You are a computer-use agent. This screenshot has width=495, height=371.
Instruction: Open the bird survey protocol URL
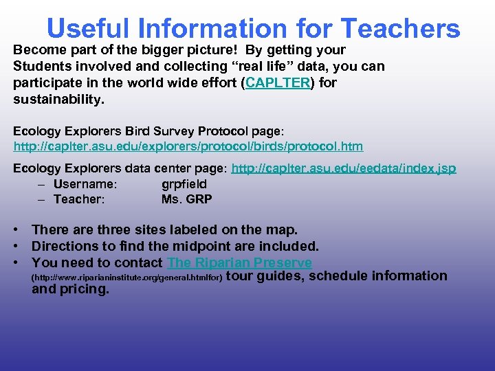188,146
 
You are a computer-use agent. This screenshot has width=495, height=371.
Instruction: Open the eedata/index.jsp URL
343,168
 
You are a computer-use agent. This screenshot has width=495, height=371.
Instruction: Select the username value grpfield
184,184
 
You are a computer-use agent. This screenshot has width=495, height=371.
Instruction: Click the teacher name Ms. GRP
186,199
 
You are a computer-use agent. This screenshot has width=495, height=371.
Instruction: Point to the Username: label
85,184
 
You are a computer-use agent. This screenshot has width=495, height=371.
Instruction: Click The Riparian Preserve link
239,262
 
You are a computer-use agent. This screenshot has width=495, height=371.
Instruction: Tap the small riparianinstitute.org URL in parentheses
127,277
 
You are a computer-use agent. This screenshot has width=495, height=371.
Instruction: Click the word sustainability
58,100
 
